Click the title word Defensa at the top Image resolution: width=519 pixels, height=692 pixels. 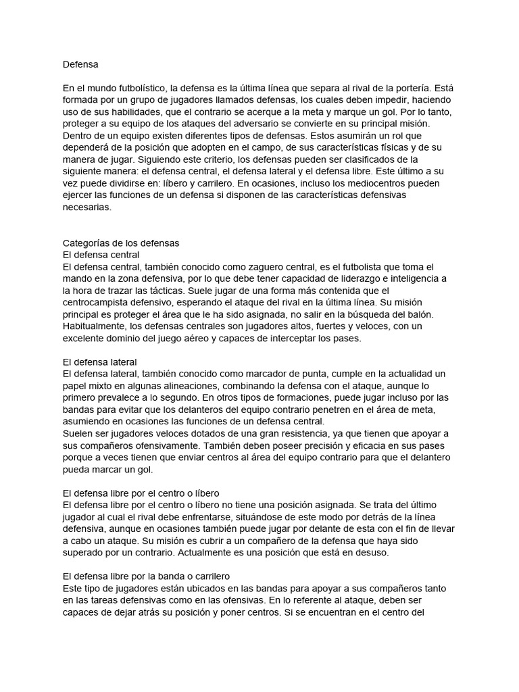pos(80,64)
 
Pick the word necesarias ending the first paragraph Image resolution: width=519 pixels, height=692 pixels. pos(86,207)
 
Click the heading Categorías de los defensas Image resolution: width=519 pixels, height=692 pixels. pos(121,243)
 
